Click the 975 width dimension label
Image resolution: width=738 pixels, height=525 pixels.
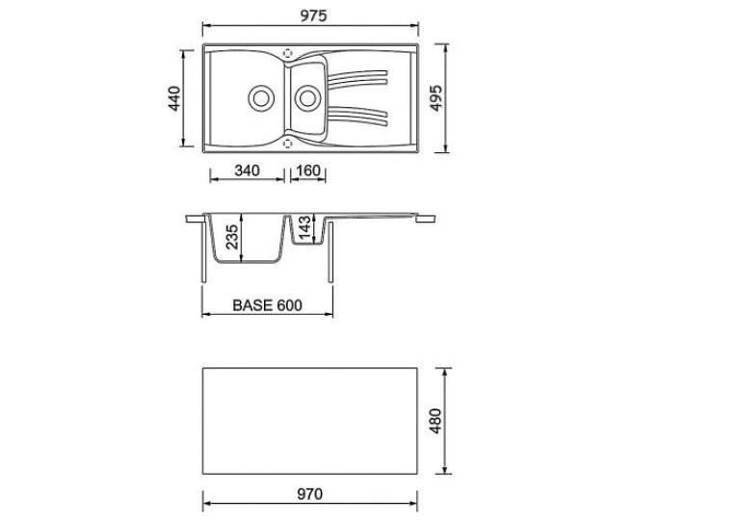[x=313, y=16]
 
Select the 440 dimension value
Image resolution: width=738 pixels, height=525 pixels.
[x=174, y=98]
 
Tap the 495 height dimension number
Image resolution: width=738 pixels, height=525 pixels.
[x=436, y=98]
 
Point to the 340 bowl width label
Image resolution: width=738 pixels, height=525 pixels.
[x=247, y=171]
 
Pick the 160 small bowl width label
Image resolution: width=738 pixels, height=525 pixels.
[x=308, y=171]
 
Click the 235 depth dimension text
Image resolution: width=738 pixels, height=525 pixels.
[x=232, y=237]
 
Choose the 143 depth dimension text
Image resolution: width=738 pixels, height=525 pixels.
[x=305, y=228]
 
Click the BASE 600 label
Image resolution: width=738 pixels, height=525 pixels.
[x=267, y=305]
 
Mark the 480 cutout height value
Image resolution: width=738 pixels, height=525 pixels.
[x=435, y=421]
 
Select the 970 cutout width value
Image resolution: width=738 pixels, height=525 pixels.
[x=310, y=494]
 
